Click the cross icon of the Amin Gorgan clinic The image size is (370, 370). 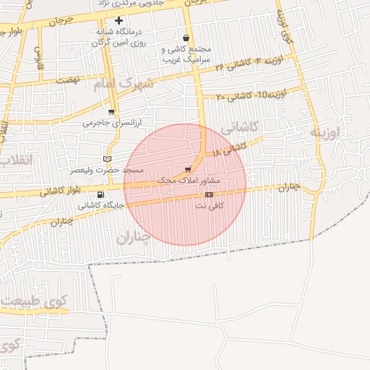(119, 21)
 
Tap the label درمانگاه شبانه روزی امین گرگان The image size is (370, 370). (119, 38)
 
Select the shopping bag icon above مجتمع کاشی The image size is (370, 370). (186, 38)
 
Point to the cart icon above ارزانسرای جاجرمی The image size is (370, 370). (111, 112)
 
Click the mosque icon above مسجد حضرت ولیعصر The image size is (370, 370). (108, 158)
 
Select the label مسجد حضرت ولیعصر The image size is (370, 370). (108, 170)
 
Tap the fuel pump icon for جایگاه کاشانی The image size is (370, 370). (100, 194)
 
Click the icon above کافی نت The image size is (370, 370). (209, 194)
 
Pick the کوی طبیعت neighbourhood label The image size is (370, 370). (35, 299)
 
